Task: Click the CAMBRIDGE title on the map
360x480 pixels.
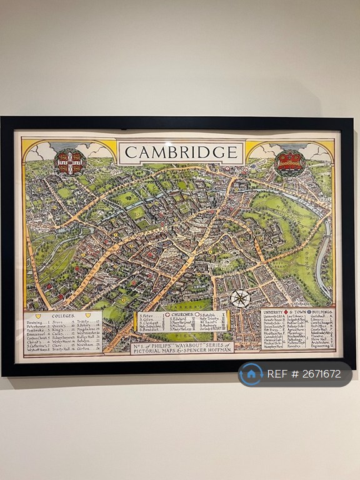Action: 181,152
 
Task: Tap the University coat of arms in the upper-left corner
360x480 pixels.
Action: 69,161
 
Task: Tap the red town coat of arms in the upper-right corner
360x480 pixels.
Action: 290,161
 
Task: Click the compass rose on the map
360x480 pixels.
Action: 240,298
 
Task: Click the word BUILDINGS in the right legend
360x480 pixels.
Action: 315,311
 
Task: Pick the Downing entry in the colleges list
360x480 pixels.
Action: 36,323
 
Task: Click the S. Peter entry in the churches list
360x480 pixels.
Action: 146,316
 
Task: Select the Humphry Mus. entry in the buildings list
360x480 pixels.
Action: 274,347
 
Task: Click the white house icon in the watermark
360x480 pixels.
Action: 251,374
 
